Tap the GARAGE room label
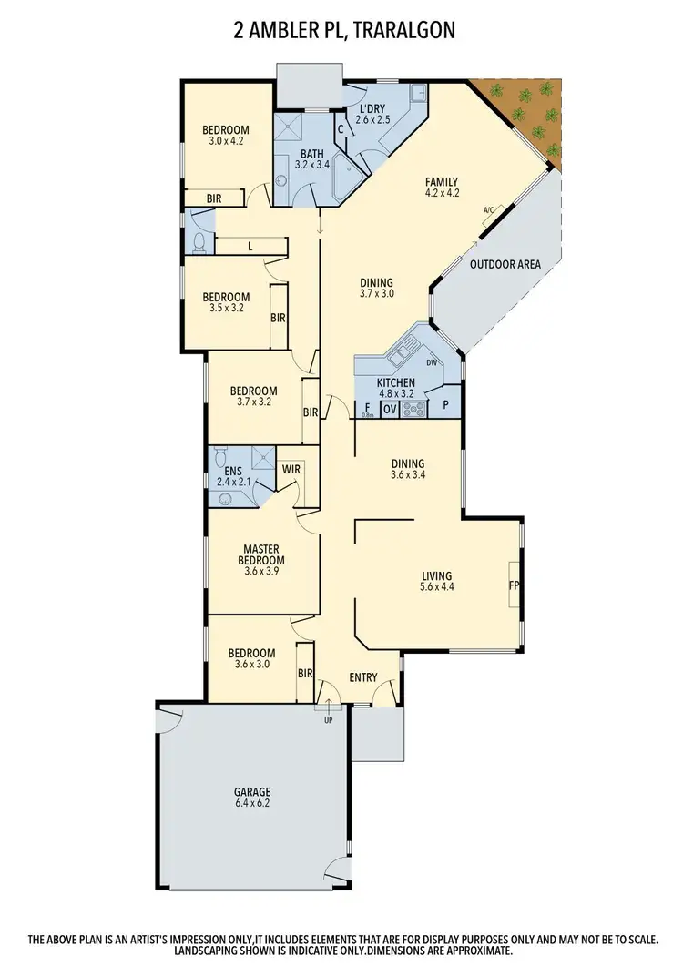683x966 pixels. click(251, 798)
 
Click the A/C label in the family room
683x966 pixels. click(488, 211)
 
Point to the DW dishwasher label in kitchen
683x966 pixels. click(433, 361)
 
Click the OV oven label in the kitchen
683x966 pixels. click(390, 410)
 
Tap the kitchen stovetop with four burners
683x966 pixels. click(414, 410)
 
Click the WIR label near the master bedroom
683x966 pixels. click(291, 470)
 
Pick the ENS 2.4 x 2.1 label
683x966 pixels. click(232, 475)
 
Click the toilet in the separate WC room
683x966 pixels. click(199, 242)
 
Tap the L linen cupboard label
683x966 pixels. click(249, 246)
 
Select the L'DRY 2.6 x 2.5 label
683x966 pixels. click(372, 114)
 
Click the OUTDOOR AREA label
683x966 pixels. click(505, 265)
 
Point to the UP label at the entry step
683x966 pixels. click(328, 719)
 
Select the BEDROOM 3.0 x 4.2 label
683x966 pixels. click(226, 135)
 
